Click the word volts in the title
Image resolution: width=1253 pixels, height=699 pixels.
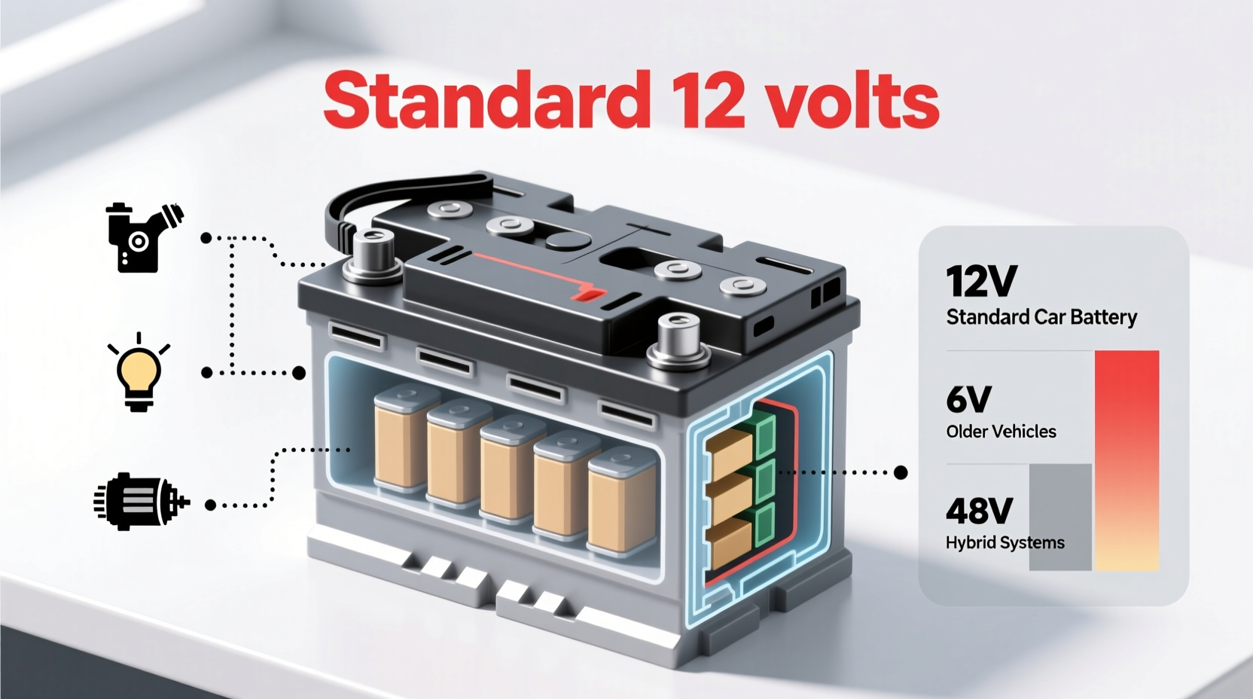(852, 99)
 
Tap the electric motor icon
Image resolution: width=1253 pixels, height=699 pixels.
(140, 502)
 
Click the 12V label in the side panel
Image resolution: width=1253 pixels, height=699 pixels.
(981, 281)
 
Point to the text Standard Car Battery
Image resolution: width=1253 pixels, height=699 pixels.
(1041, 317)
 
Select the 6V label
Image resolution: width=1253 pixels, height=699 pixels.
(968, 399)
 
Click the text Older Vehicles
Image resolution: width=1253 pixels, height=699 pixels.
(1001, 432)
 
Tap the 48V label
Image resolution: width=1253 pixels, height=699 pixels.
(979, 511)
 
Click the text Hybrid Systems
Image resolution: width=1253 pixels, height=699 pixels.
(1005, 542)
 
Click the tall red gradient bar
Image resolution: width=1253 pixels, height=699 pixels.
(1126, 459)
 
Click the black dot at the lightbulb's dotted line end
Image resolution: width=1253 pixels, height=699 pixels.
(206, 373)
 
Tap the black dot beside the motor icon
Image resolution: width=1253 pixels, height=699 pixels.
(211, 505)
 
